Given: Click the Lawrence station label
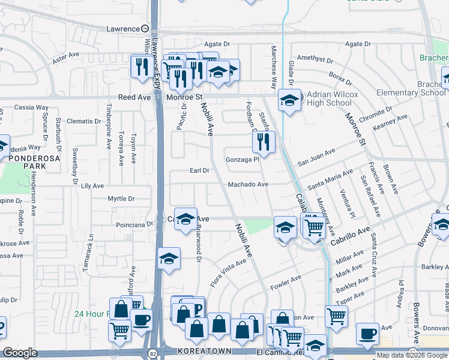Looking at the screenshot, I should tap(123, 28).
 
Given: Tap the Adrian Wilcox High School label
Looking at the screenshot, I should tap(332, 98).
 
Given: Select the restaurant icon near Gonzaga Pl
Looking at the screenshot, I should tap(262, 142).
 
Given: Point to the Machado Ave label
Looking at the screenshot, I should tap(247, 184).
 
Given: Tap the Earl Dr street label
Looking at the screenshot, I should tap(199, 170).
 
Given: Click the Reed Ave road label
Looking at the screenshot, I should tap(134, 97).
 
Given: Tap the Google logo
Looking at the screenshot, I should tap(20, 353).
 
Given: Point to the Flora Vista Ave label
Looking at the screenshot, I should tap(228, 271).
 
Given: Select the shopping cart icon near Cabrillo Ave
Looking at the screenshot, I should tap(313, 226).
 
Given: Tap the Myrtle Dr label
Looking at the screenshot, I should tap(121, 199).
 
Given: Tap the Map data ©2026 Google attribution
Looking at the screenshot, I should tap(412, 355).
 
